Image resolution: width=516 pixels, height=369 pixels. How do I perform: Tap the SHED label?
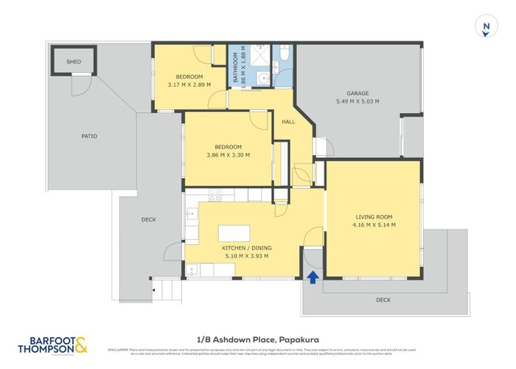73,63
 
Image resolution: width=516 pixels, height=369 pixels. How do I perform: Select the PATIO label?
89,136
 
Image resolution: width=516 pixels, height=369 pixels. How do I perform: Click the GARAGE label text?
358,93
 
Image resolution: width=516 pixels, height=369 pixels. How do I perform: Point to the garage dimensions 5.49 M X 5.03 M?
358,101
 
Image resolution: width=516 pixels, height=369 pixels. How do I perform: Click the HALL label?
289,122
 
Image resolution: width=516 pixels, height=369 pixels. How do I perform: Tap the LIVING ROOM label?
372,216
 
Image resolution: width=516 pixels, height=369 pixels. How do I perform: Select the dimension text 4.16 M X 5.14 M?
372,224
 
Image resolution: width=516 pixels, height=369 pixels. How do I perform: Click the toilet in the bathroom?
284,55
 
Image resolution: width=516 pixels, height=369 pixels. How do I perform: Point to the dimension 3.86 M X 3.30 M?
228,155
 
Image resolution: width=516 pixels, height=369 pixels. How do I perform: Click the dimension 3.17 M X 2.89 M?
189,85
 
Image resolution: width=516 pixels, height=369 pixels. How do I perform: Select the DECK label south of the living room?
383,300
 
